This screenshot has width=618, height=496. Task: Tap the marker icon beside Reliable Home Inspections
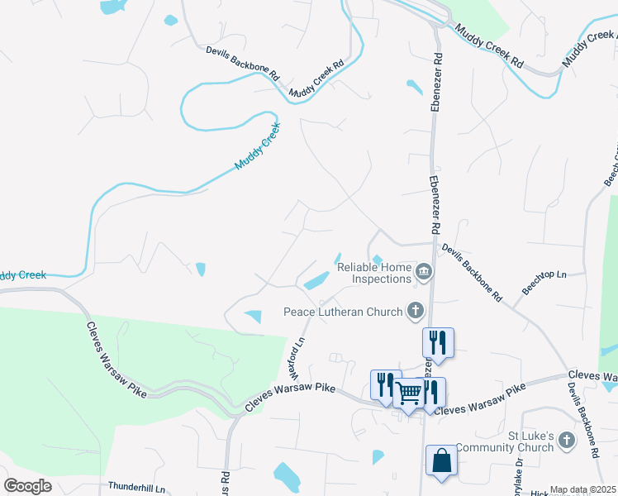pyautogui.click(x=423, y=270)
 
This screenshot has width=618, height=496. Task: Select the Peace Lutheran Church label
pyautogui.click(x=343, y=312)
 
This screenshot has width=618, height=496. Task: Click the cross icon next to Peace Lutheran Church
pyautogui.click(x=415, y=311)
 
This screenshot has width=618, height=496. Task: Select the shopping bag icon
pyautogui.click(x=440, y=460)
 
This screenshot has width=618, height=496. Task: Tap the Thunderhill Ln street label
pyautogui.click(x=137, y=488)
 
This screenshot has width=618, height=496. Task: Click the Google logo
pyautogui.click(x=27, y=486)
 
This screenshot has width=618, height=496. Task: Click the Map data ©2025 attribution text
pyautogui.click(x=582, y=489)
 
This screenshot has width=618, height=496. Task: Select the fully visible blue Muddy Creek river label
pyautogui.click(x=258, y=147)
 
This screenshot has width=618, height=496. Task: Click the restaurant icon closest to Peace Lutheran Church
pyautogui.click(x=438, y=341)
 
